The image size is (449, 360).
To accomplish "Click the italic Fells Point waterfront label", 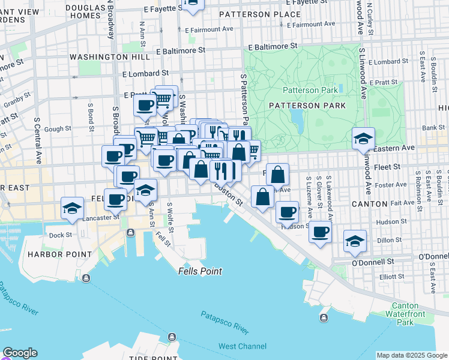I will click(x=200, y=271).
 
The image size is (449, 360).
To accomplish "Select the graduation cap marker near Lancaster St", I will click(x=72, y=208).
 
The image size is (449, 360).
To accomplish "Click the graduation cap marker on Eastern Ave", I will click(x=363, y=138).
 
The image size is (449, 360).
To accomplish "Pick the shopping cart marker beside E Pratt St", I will click(x=163, y=98).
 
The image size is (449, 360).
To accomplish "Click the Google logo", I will click(x=20, y=353).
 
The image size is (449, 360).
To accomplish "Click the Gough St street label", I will click(x=58, y=128).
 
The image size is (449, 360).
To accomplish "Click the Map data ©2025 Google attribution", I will click(x=412, y=355).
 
